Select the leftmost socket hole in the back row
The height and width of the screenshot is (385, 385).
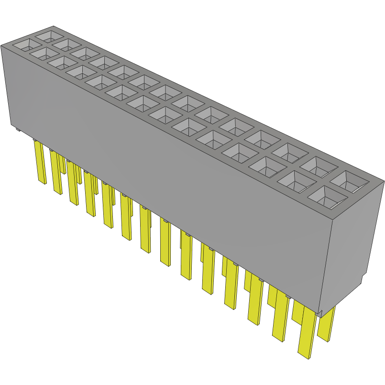(x=49, y=35)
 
